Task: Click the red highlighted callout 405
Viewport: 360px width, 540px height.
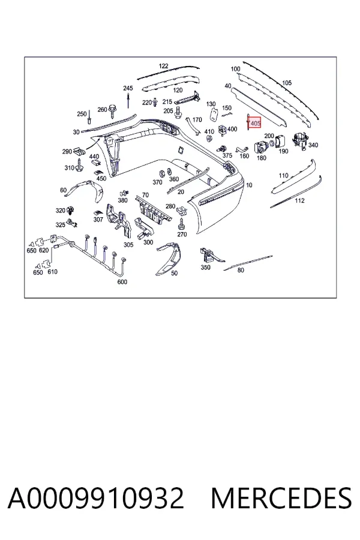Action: tap(255, 123)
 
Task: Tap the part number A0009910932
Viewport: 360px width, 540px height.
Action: tap(96, 498)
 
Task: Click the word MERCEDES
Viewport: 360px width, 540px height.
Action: tap(281, 498)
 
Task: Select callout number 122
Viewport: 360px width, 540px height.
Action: tap(164, 66)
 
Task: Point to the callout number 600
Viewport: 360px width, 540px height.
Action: tap(122, 282)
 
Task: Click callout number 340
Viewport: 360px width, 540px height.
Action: tap(313, 145)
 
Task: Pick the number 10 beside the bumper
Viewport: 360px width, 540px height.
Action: tap(249, 185)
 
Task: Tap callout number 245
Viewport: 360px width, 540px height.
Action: tap(128, 89)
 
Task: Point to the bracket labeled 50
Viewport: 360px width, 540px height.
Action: tap(169, 257)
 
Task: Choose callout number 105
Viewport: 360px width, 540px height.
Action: tap(287, 83)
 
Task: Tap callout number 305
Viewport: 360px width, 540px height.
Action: tap(128, 245)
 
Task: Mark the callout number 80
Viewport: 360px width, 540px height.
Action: tap(241, 271)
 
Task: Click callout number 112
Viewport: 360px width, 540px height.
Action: tap(300, 200)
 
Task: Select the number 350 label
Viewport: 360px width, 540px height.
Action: tap(205, 267)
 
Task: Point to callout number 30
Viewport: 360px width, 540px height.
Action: tap(76, 132)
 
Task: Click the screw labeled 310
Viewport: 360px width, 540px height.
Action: tap(80, 167)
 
